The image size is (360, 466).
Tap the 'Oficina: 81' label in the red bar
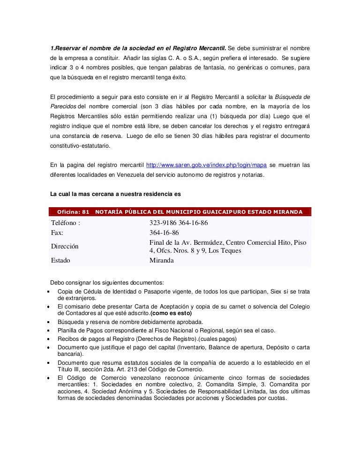click(x=73, y=212)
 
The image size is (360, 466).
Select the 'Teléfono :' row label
click(x=66, y=223)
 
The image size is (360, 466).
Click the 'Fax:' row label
click(x=57, y=233)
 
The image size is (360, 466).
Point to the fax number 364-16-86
click(x=164, y=233)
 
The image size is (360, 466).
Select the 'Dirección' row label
click(x=65, y=246)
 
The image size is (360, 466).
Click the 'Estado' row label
click(x=60, y=260)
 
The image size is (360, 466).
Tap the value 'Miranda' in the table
click(x=161, y=260)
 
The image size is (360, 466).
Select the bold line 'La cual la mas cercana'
click(x=115, y=195)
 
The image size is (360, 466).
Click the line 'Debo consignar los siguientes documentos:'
click(x=107, y=283)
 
